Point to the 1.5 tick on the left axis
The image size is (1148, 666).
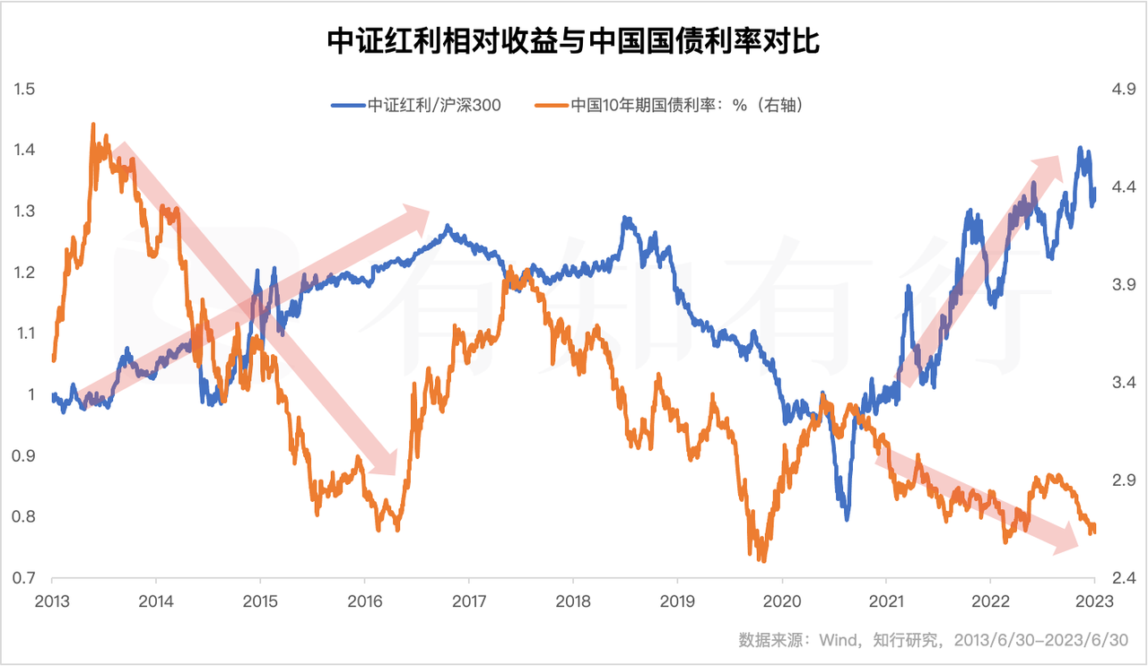tap(24, 89)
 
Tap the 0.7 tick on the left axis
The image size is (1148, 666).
tap(24, 577)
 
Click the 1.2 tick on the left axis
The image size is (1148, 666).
tap(24, 272)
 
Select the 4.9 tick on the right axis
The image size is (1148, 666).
tap(1124, 89)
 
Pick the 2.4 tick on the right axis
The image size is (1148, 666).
tap(1124, 577)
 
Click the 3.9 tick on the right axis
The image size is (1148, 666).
tap(1124, 284)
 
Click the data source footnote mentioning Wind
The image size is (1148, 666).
tap(933, 640)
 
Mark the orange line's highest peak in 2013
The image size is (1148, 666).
tap(93, 125)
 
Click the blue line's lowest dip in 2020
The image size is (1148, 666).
tap(846, 518)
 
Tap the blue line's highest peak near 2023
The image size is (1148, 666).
tap(1080, 149)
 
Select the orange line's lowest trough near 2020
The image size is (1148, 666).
tap(763, 560)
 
